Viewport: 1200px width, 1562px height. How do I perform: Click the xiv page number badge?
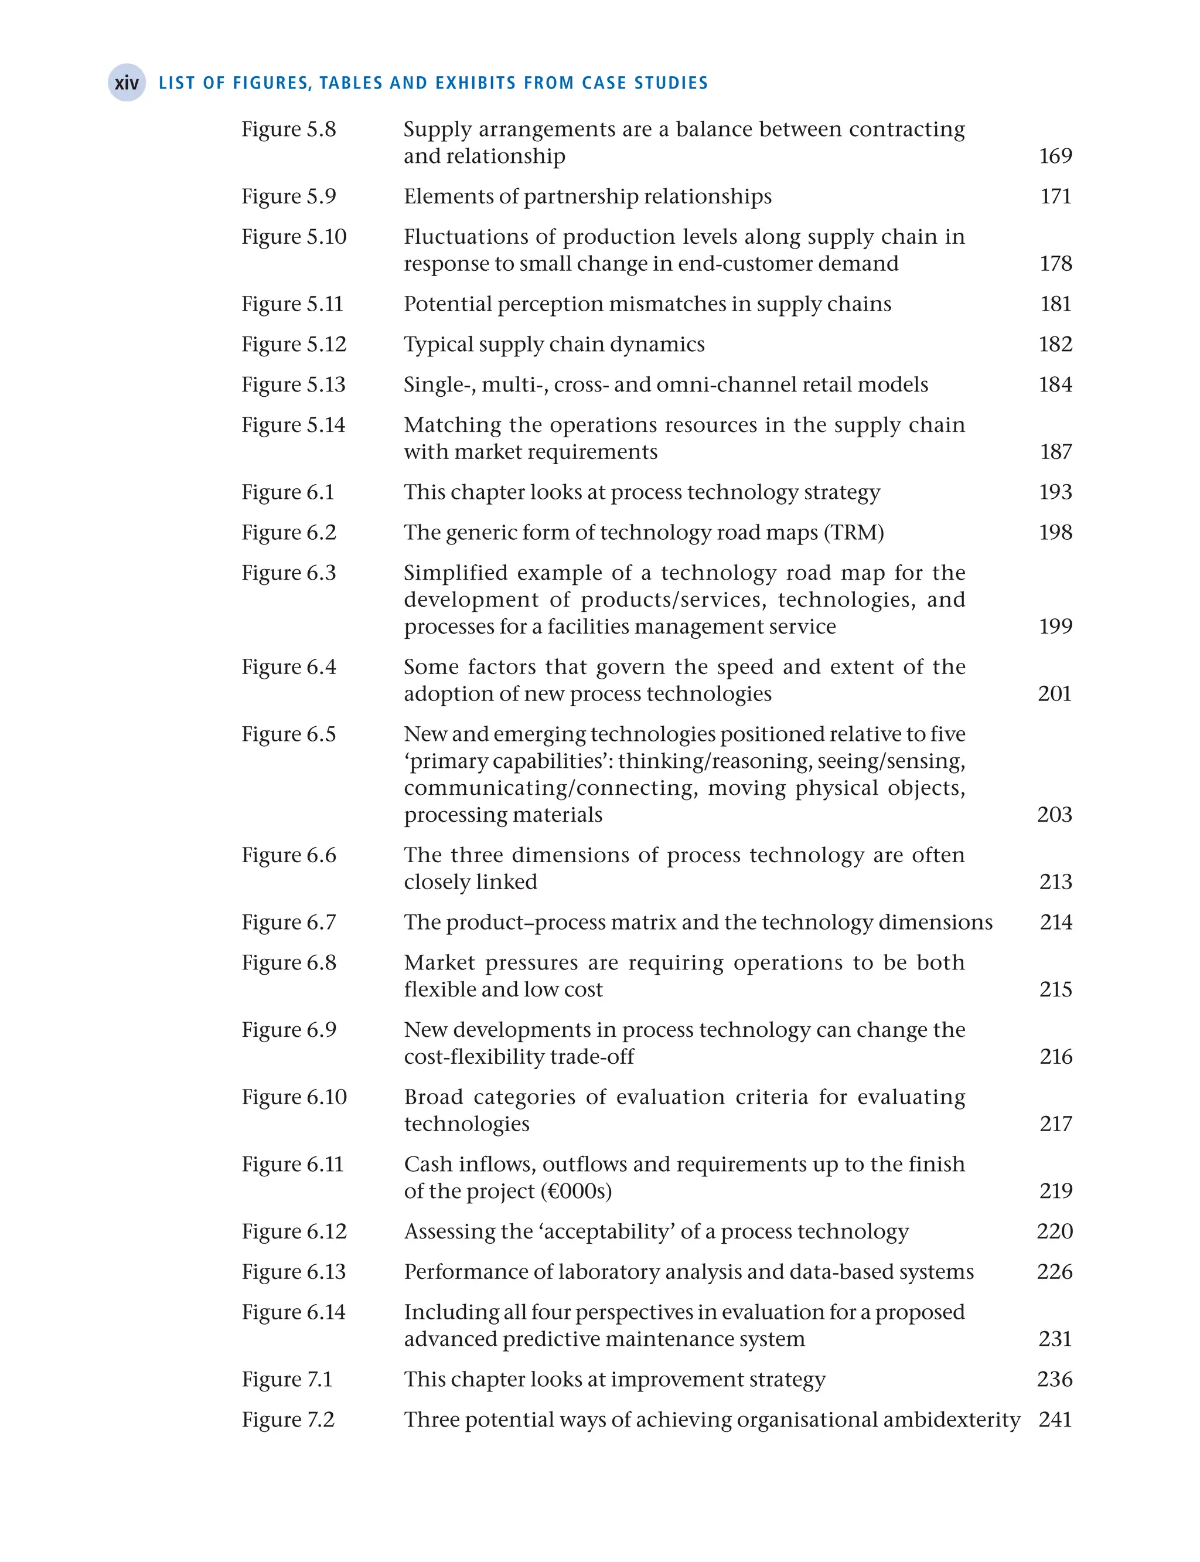point(127,83)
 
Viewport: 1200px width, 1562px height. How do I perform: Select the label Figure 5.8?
point(288,130)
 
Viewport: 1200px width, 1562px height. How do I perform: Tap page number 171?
point(1055,196)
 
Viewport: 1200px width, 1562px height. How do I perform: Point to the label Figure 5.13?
point(293,385)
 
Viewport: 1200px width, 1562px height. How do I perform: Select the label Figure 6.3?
point(288,573)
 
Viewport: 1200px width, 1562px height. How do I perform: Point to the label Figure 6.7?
point(288,923)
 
